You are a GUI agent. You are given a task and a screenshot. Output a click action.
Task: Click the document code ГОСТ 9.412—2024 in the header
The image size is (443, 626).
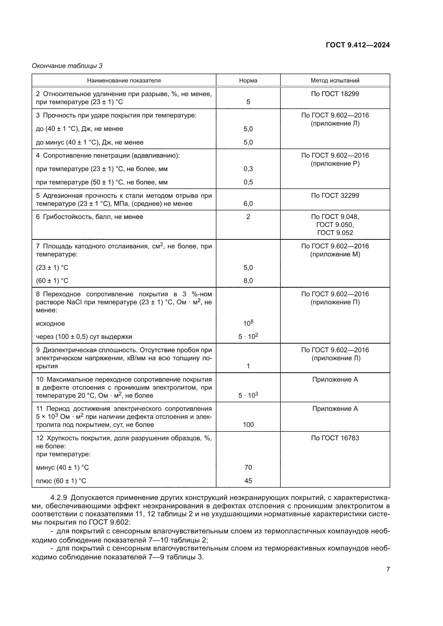(x=358, y=45)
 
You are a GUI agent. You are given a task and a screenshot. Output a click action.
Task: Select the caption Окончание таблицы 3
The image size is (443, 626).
(x=67, y=66)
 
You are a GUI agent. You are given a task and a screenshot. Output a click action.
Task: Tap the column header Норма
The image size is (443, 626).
(x=248, y=81)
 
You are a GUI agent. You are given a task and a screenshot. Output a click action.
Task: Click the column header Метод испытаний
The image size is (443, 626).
(x=335, y=81)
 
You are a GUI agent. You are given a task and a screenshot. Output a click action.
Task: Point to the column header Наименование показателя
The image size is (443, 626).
(x=124, y=81)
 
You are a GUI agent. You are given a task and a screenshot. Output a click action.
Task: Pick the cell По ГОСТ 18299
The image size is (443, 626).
(x=335, y=94)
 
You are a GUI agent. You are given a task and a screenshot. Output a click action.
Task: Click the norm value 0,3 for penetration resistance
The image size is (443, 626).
(x=248, y=169)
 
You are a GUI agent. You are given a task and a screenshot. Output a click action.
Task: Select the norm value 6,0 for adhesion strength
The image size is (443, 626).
(x=248, y=204)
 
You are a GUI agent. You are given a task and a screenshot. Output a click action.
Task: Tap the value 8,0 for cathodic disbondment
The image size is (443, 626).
(x=248, y=280)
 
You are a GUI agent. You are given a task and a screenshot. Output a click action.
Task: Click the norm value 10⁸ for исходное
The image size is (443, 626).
(x=248, y=323)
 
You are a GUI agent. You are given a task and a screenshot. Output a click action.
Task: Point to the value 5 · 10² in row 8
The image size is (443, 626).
(x=248, y=336)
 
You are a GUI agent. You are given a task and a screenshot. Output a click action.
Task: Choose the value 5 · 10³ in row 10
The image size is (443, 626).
(x=248, y=395)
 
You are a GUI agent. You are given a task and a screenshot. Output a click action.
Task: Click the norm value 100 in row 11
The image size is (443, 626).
(x=248, y=424)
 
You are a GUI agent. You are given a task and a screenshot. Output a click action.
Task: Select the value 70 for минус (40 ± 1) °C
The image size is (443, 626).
(x=248, y=467)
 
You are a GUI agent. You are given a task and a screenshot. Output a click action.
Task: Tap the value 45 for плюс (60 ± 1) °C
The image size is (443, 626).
(x=248, y=481)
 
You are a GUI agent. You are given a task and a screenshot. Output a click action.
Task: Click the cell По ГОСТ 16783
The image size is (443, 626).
(x=335, y=438)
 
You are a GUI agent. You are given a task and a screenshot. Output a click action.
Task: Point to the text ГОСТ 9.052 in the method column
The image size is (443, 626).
(x=335, y=233)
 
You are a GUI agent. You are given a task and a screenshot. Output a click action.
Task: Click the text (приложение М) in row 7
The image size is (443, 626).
(x=335, y=254)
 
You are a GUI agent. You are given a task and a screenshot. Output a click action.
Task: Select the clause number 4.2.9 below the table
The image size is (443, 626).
(x=59, y=498)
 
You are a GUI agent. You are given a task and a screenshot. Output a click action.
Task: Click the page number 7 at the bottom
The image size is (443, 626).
(x=388, y=569)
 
